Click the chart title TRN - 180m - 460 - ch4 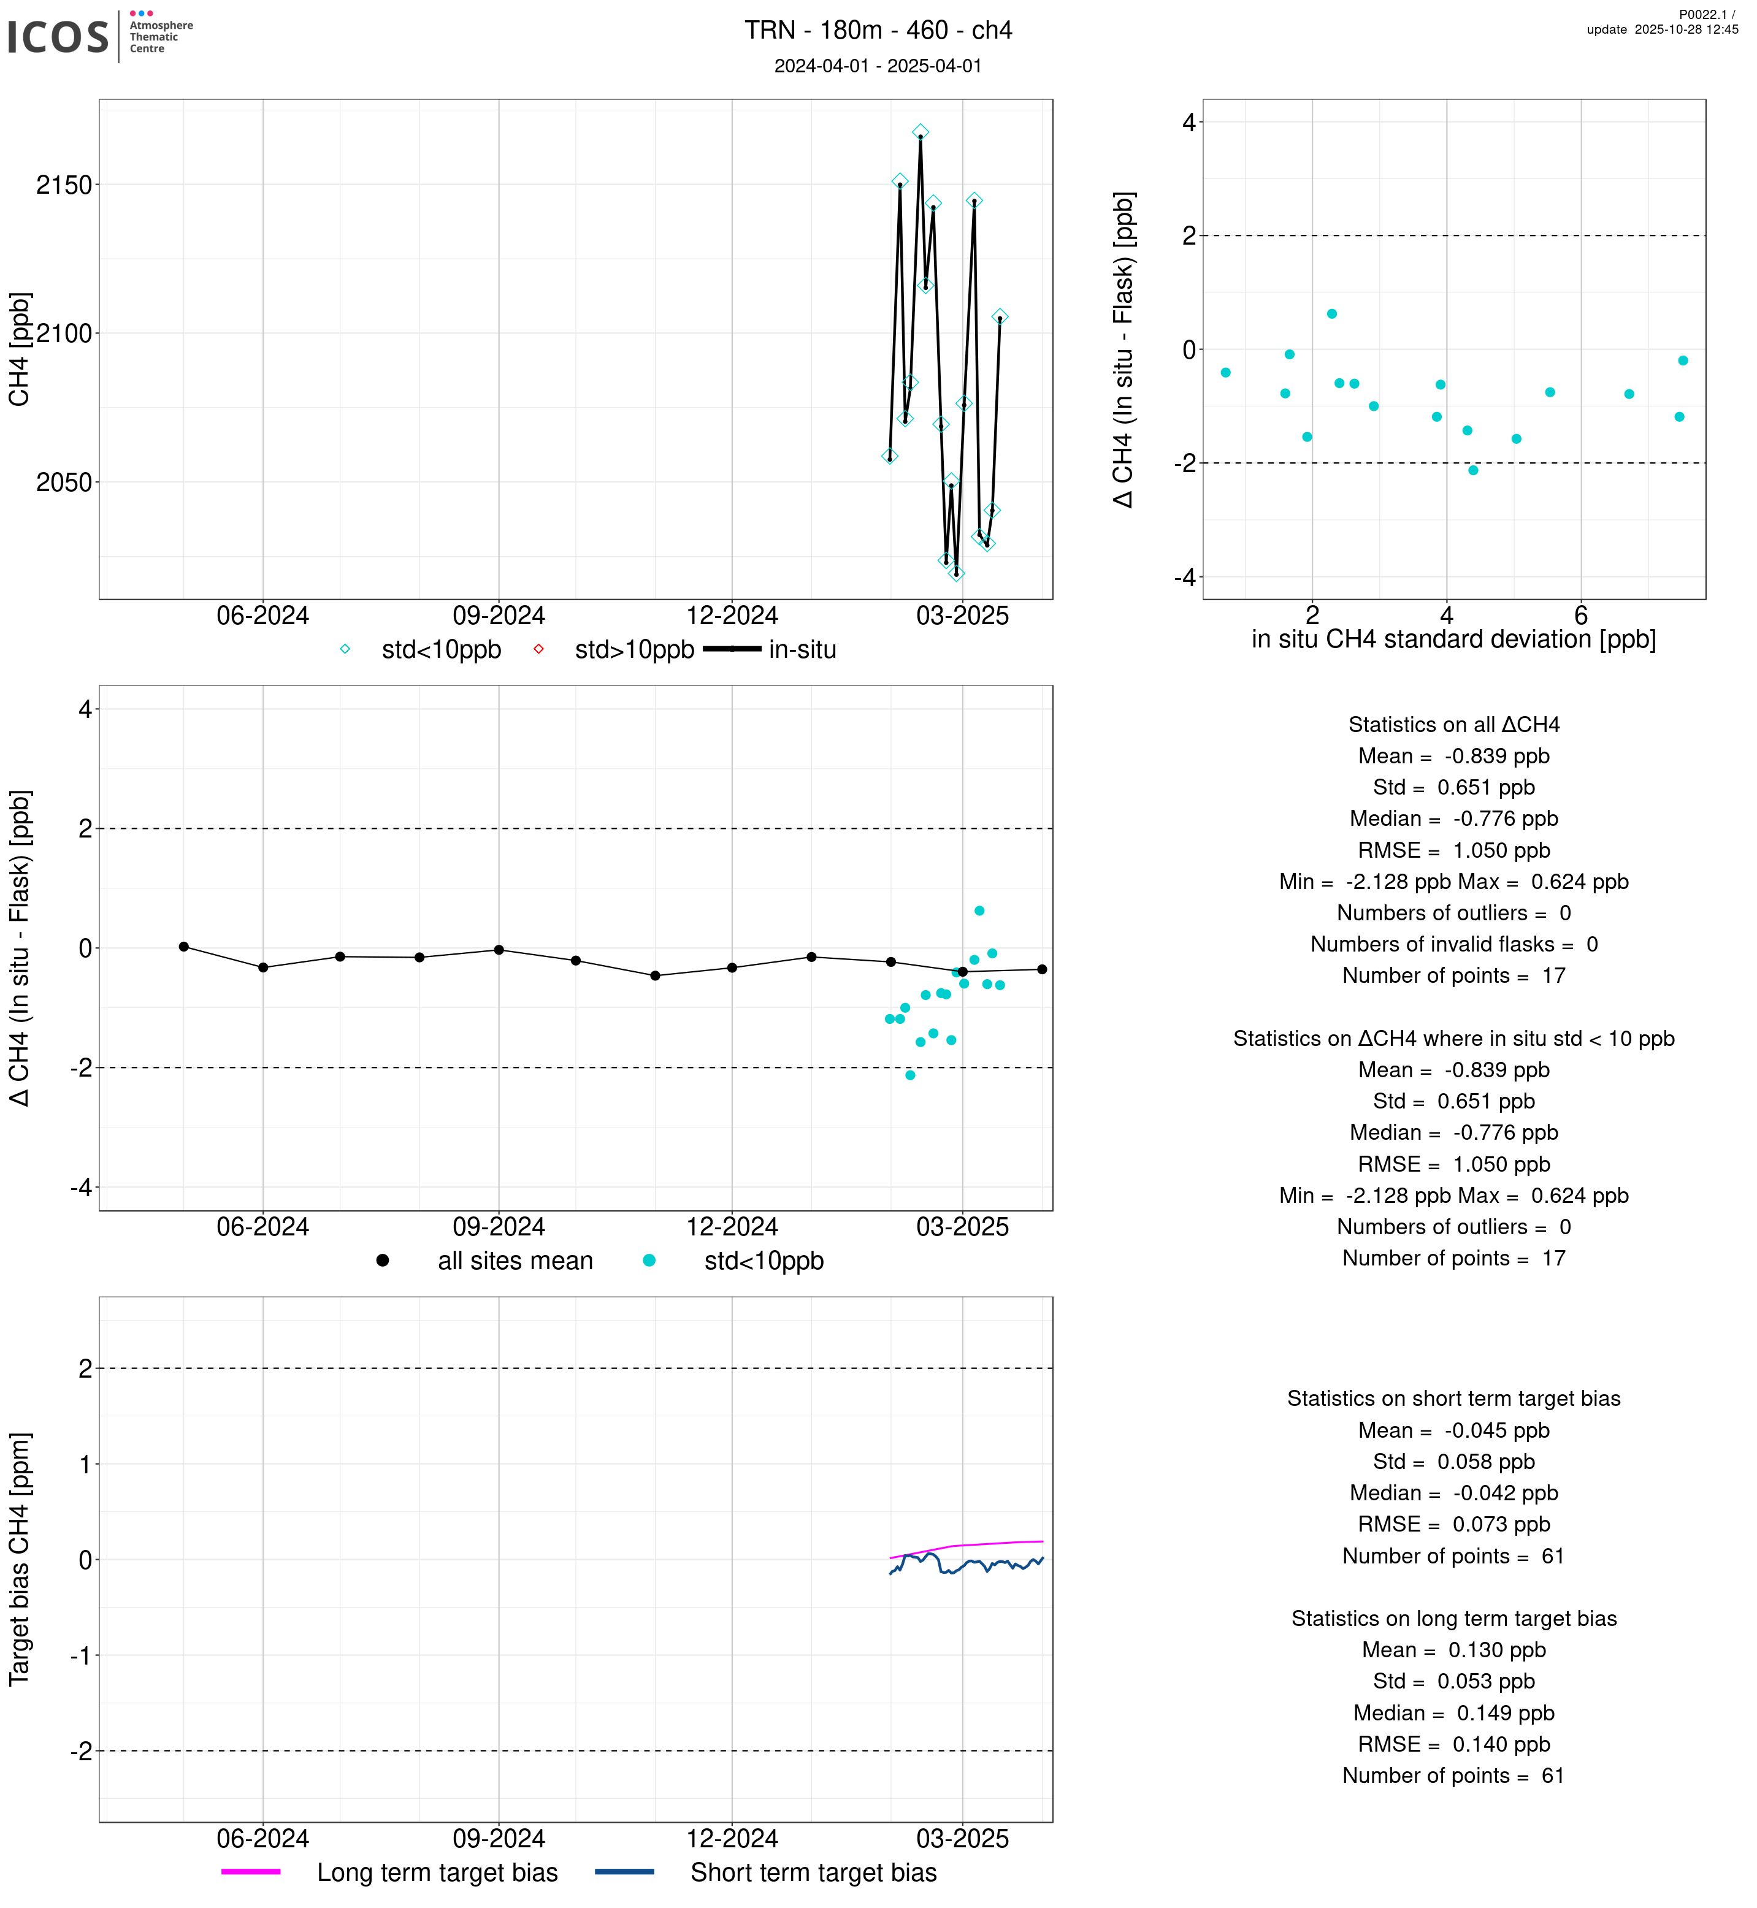pyautogui.click(x=878, y=31)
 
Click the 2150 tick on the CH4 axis pyautogui.click(x=64, y=185)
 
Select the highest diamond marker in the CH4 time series pyautogui.click(x=921, y=132)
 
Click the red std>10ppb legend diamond pyautogui.click(x=538, y=649)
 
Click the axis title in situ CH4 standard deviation pyautogui.click(x=1453, y=640)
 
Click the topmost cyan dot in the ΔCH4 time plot pyautogui.click(x=979, y=910)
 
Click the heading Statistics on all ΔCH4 pyautogui.click(x=1453, y=725)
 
